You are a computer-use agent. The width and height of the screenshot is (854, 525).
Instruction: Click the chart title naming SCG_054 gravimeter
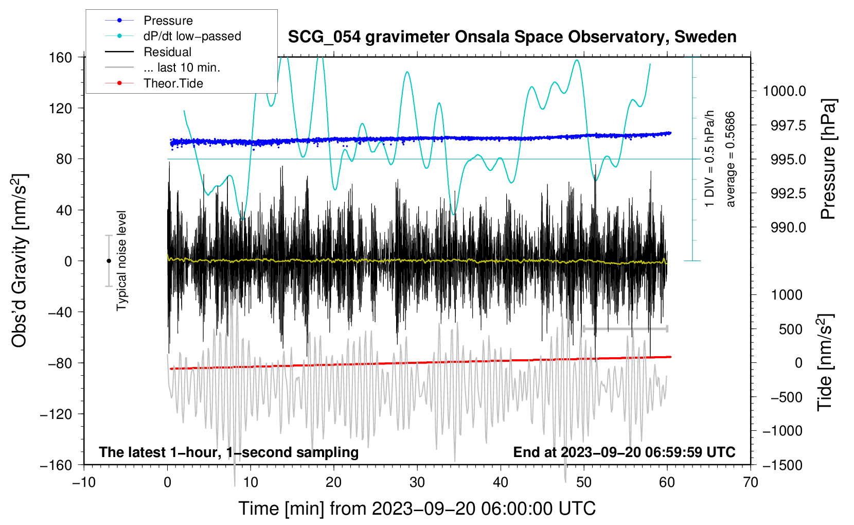(512, 37)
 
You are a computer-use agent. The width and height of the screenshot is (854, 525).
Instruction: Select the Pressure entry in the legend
(168, 21)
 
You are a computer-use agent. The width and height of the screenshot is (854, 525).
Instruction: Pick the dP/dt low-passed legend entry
(192, 36)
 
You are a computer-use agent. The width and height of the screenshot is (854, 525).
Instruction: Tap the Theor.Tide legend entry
(173, 83)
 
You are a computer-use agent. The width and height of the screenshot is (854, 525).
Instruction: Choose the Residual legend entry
(167, 52)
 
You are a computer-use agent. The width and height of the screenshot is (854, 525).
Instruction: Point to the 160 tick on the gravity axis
(60, 57)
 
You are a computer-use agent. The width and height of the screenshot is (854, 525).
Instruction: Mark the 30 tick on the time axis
(417, 482)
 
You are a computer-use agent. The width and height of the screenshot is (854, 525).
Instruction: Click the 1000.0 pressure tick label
(784, 92)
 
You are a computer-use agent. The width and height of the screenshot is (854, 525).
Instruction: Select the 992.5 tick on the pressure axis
(788, 194)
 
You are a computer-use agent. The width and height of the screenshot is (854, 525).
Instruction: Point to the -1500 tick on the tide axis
(782, 465)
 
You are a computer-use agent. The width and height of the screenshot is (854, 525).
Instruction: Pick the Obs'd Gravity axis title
(20, 260)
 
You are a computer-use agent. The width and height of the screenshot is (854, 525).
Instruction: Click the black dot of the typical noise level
(109, 261)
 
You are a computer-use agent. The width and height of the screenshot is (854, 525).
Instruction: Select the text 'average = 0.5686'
(730, 160)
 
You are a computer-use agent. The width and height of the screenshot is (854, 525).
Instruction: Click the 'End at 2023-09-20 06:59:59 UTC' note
(624, 452)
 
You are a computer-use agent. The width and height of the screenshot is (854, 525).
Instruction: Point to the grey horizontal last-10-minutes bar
(625, 328)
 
